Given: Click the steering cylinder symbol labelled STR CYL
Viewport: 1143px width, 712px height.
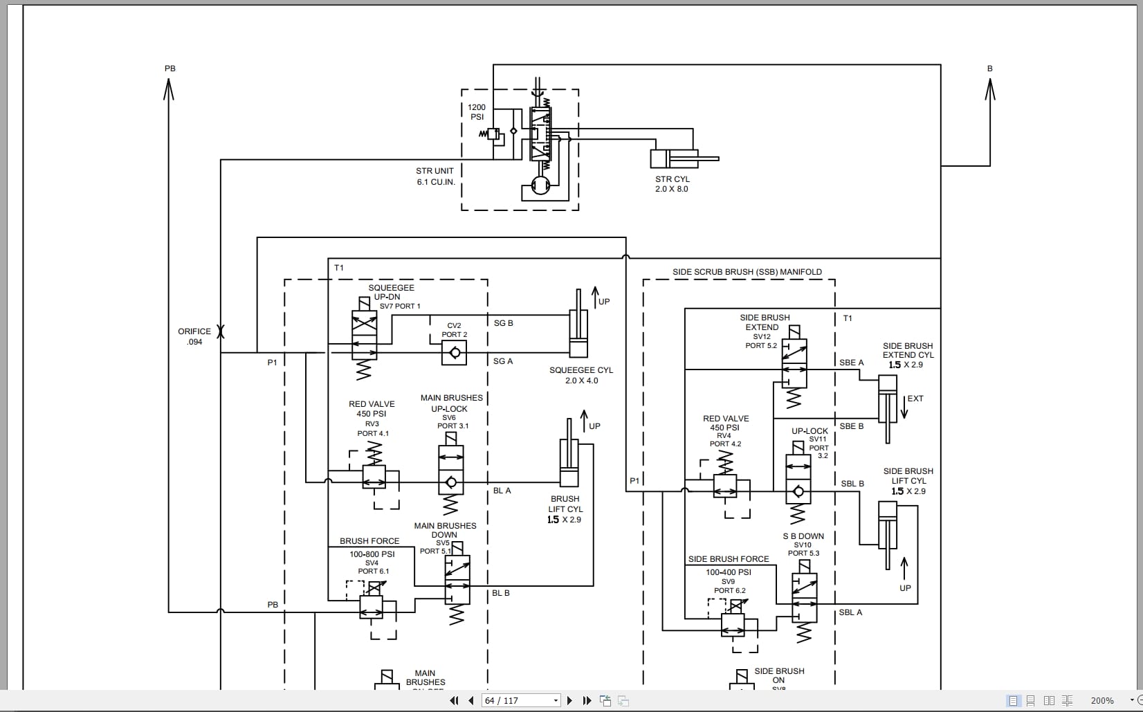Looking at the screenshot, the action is [684, 158].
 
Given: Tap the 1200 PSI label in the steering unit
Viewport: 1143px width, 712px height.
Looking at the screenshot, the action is [477, 112].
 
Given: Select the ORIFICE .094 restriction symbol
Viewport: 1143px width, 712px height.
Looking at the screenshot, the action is [221, 331].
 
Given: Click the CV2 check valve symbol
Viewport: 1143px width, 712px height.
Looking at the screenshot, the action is [454, 352].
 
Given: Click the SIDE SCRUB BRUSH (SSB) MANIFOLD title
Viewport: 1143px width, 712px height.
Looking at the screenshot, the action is [747, 271].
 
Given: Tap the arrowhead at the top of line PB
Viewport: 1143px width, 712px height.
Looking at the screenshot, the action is [169, 89].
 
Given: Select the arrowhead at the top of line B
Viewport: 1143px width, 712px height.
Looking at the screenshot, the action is [990, 89].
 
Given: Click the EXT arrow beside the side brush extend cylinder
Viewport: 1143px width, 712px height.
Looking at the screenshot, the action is [904, 407].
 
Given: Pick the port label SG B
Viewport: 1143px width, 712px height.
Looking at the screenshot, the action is [503, 323].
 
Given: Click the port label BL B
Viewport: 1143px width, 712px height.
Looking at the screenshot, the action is [500, 593].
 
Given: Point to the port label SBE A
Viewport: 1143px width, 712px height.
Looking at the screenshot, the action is [852, 363].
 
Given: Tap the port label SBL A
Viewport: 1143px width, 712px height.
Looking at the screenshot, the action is [850, 612].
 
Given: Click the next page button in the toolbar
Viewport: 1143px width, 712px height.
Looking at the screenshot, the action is [569, 701].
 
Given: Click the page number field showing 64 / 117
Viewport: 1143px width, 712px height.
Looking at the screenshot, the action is [520, 701].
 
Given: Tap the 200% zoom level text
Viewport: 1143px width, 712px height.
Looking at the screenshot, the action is [1101, 701].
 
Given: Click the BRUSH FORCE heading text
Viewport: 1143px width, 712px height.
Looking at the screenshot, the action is [369, 540].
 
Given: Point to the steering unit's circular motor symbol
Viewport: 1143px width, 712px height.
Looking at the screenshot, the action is [540, 185].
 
